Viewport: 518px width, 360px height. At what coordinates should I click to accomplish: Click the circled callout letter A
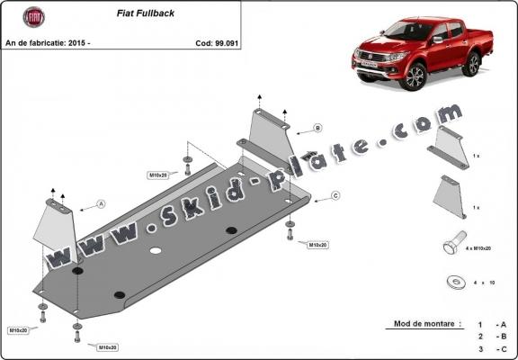(102, 204)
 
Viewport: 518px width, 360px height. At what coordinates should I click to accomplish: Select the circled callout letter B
(317, 129)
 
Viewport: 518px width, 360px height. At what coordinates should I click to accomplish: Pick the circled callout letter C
(335, 195)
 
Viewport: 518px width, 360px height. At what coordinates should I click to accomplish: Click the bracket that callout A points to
(57, 225)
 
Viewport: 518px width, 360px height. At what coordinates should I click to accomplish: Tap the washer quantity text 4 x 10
(487, 283)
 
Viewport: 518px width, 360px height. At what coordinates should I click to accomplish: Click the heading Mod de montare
(427, 323)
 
